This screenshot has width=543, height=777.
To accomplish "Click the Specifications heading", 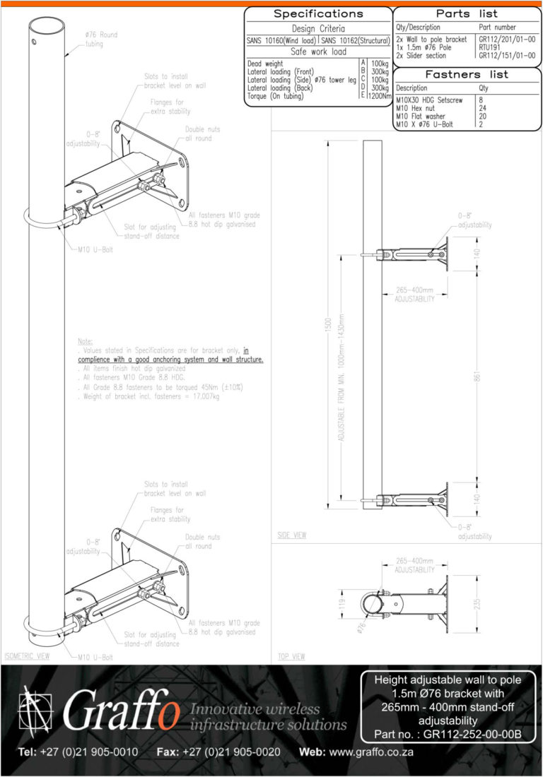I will pyautogui.click(x=318, y=14).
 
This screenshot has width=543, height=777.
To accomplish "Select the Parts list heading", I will pyautogui.click(x=467, y=14).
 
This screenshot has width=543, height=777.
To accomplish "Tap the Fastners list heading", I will pyautogui.click(x=467, y=75).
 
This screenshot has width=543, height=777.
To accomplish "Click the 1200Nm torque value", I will pyautogui.click(x=379, y=96).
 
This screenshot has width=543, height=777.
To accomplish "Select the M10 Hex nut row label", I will pyautogui.click(x=416, y=108).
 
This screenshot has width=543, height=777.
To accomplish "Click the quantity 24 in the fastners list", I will pyautogui.click(x=483, y=108).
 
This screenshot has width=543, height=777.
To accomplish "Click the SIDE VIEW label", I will pyautogui.click(x=292, y=536).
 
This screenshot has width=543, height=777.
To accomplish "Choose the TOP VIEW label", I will pyautogui.click(x=291, y=657).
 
